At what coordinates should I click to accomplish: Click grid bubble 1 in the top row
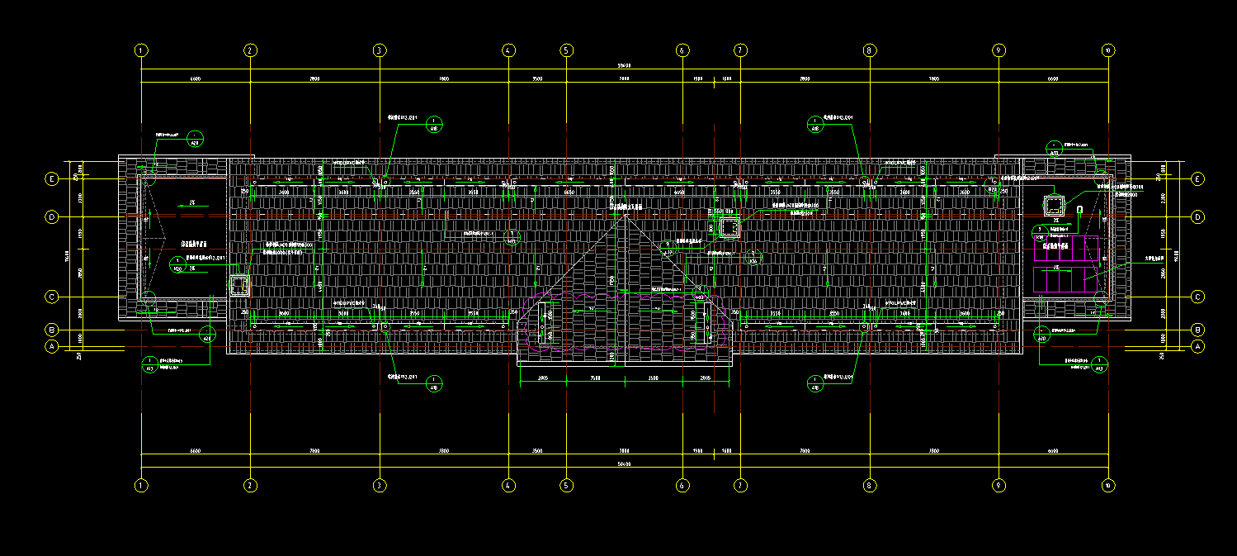click(142, 50)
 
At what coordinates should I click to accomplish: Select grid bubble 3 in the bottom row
click(380, 486)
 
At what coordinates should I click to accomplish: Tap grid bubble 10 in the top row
click(1107, 50)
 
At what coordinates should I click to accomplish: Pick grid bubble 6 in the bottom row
click(682, 486)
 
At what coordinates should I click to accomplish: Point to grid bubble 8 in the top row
click(869, 50)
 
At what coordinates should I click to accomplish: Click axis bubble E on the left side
click(52, 178)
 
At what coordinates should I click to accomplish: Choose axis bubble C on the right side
click(1197, 297)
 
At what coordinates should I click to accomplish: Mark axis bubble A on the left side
click(52, 347)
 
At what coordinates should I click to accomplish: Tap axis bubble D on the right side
click(1197, 217)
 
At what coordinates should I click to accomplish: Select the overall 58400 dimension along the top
click(625, 66)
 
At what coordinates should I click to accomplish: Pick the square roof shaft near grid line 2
click(239, 286)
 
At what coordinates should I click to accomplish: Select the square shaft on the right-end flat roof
click(1055, 207)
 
